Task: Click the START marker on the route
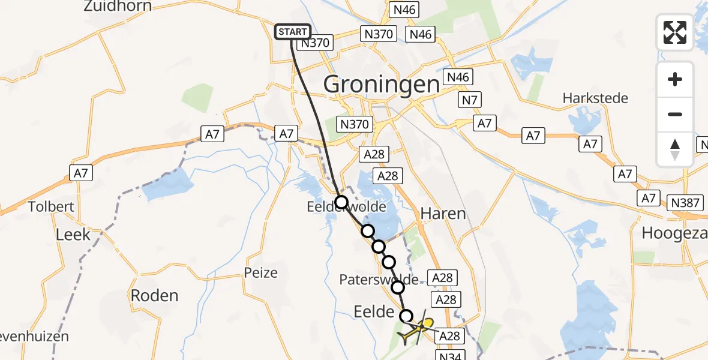293,32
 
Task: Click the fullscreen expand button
675,32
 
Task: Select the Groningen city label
382,85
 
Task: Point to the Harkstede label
595,98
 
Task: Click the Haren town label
443,213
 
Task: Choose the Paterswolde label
379,280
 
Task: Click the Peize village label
261,272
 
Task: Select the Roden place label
155,295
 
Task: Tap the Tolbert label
51,207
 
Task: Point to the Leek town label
73,234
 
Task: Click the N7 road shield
470,99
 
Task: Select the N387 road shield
685,202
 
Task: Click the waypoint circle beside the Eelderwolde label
341,202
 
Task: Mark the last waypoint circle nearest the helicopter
407,316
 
